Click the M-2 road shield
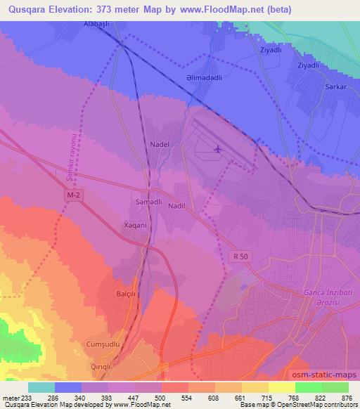point(75,194)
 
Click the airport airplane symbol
point(217,149)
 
